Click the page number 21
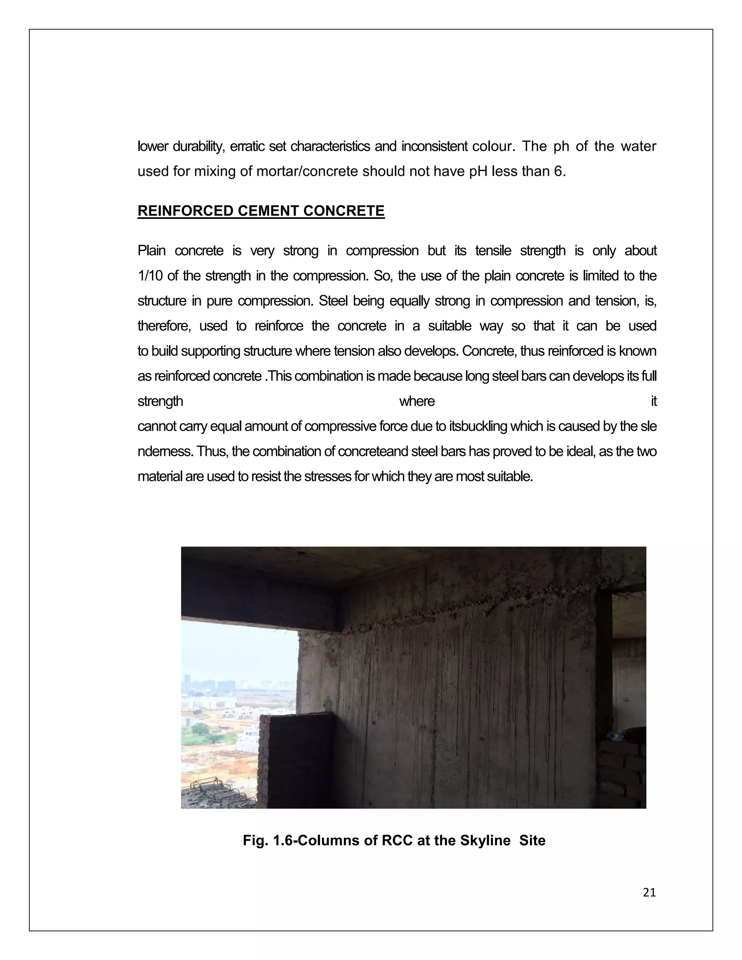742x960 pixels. tap(649, 892)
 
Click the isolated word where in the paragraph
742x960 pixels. tap(417, 401)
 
